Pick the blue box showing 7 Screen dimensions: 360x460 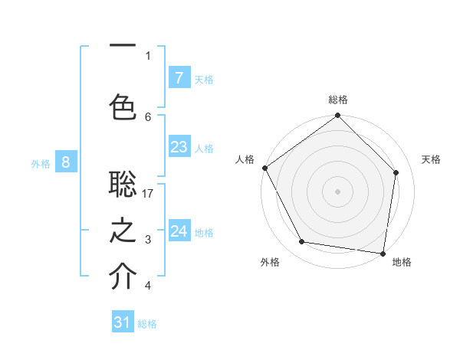[179, 77]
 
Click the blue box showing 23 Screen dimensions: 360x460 [179, 147]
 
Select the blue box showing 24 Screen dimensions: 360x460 [179, 231]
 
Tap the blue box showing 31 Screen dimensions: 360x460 [123, 322]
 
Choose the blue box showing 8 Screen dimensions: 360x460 [66, 162]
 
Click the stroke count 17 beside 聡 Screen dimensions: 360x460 [148, 194]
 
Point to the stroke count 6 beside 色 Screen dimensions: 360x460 [148, 116]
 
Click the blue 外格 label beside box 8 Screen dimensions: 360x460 [41, 163]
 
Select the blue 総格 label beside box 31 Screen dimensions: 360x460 [147, 324]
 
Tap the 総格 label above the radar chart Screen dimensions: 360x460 [338, 100]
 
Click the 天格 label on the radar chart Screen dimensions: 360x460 [431, 159]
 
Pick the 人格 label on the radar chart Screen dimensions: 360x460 [245, 159]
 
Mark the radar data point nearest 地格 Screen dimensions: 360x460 [383, 253]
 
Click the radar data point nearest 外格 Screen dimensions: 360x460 [302, 242]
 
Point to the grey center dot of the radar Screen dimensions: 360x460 [338, 191]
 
